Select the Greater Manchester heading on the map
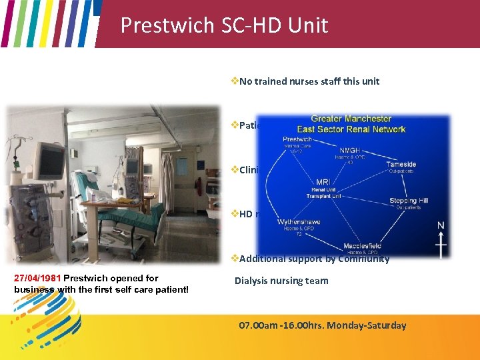click(351, 119)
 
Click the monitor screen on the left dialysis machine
click(50, 161)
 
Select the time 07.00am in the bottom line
click(261, 325)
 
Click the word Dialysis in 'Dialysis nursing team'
click(251, 281)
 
